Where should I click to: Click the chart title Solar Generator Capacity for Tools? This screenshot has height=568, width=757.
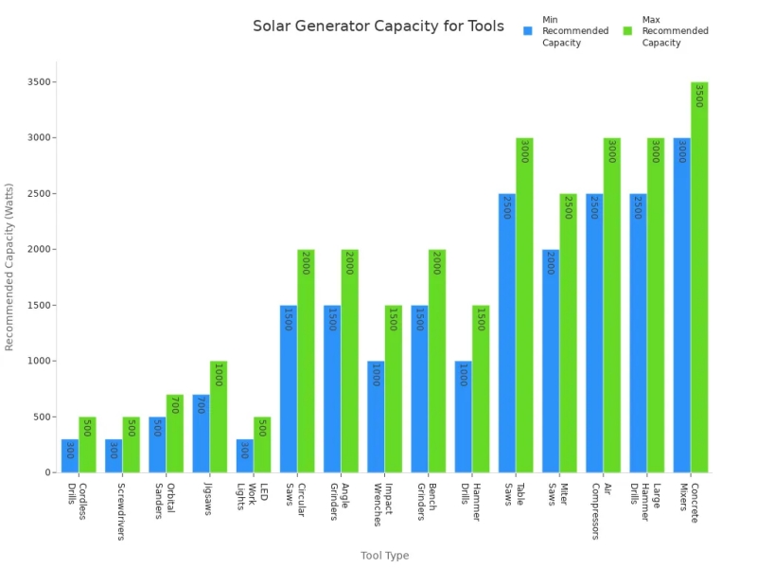point(378,26)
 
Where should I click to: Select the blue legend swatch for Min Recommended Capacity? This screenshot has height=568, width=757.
point(529,30)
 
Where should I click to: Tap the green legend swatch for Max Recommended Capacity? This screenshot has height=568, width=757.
point(627,30)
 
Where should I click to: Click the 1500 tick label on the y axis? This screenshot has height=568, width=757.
point(39,306)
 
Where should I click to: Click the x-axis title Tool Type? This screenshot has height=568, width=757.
point(384,556)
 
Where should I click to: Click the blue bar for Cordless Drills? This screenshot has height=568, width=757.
point(69,455)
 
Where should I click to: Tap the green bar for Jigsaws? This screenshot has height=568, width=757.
point(219,417)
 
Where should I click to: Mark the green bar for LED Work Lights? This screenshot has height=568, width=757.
point(262,445)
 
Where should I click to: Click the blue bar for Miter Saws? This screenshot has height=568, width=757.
point(551,361)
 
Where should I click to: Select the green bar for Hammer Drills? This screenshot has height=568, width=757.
point(481,389)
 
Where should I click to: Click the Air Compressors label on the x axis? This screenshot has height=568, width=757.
point(601,511)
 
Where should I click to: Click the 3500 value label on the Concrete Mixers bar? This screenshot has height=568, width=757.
point(699,96)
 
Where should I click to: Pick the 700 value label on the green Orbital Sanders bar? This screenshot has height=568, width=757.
point(174,406)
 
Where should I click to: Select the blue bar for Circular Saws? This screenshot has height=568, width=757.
point(289,389)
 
